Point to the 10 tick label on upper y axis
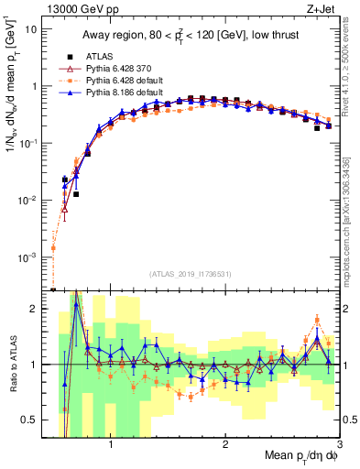pos(28,29)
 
